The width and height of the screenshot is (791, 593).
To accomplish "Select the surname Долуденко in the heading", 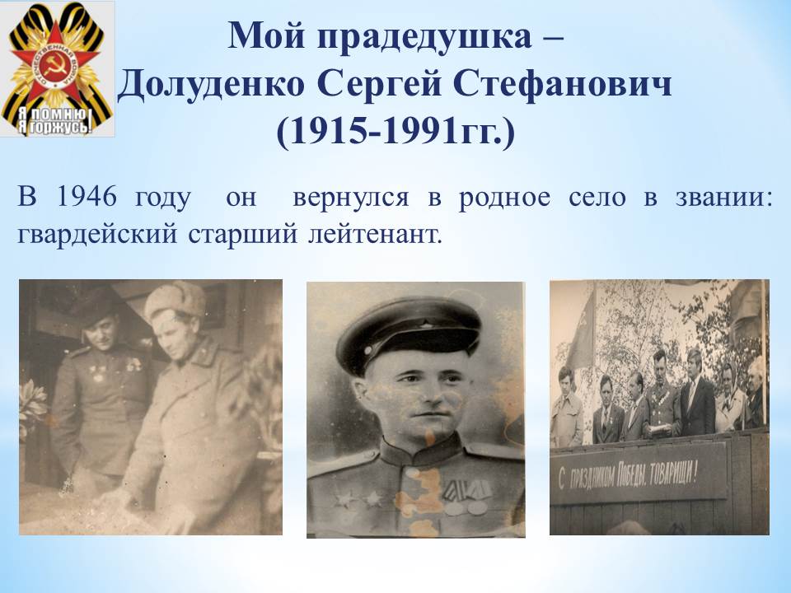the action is [212, 84].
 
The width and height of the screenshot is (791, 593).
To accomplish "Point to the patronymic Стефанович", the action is [563, 83].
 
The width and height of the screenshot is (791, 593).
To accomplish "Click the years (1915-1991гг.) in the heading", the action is [395, 131].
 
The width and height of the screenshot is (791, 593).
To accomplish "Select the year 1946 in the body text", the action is [87, 196].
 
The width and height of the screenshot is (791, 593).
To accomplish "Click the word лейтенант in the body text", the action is [375, 236].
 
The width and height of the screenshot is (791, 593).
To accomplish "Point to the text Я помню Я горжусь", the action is [55, 121].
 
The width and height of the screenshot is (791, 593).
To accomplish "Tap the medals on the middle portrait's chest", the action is [466, 496].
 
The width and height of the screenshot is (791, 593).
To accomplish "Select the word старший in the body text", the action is [242, 236].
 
